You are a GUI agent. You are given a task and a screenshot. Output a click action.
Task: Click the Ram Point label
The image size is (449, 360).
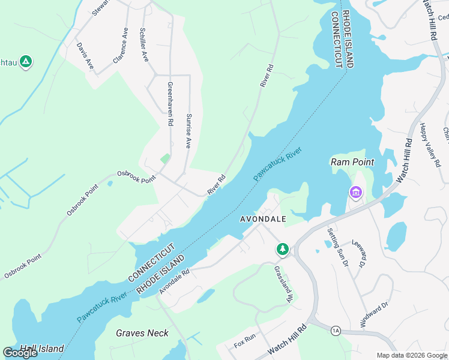tap(352, 162)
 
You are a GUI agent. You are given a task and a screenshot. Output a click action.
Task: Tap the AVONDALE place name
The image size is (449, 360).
tap(263, 219)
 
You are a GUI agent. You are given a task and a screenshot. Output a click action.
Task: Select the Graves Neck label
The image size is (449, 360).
tap(142, 333)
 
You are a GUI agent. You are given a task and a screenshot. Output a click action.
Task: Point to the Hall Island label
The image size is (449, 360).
tap(42, 349)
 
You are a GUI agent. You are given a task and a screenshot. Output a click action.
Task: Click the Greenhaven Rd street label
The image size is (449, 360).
tap(170, 104)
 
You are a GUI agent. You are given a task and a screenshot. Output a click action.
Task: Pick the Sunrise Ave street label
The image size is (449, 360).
tap(188, 131)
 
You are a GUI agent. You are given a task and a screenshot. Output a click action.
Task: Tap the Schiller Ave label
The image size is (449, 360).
tap(143, 45)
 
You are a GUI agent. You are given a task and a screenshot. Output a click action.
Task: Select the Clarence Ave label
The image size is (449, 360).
tap(121, 46)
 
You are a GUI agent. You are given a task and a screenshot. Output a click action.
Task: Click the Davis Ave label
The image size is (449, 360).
tap(85, 56)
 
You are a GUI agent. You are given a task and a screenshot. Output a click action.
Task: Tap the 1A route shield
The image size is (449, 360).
tap(336, 330)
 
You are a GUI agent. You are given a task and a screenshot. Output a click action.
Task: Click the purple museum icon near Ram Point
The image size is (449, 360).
tap(356, 193)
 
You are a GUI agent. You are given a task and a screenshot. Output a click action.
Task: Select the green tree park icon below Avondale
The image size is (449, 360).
tap(282, 248)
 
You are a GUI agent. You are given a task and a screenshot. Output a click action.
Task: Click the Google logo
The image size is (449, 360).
tap(20, 353)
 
